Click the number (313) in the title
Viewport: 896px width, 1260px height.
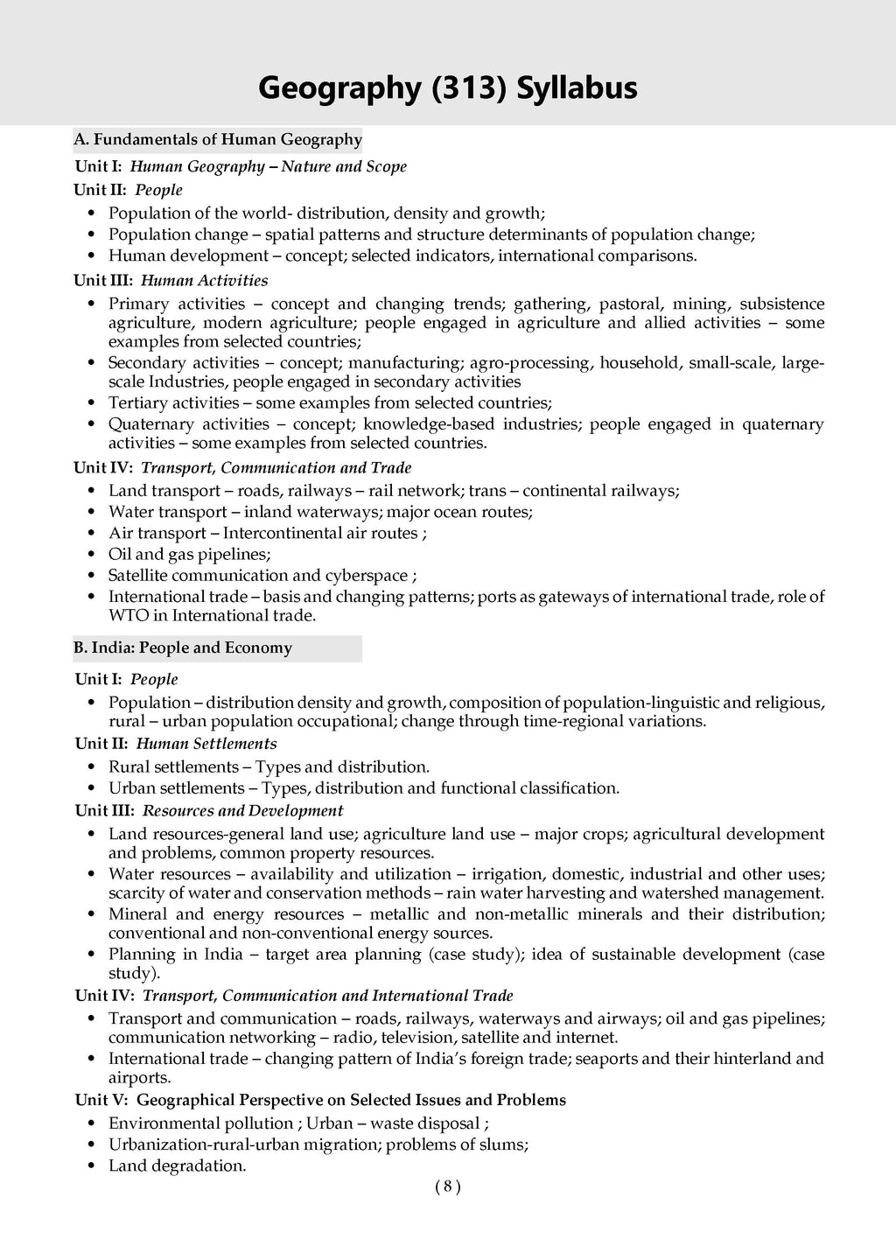point(469,88)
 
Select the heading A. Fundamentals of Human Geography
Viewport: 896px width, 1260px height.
point(218,139)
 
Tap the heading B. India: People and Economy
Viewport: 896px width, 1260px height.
point(183,647)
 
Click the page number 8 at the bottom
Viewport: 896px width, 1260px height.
point(446,1186)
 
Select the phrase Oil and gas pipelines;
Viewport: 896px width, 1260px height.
point(190,554)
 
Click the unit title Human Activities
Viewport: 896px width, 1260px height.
point(204,280)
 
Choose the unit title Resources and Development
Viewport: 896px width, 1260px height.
point(242,810)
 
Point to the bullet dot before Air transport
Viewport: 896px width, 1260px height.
point(93,534)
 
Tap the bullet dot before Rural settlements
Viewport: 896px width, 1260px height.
point(93,767)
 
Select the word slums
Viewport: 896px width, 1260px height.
point(504,1144)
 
